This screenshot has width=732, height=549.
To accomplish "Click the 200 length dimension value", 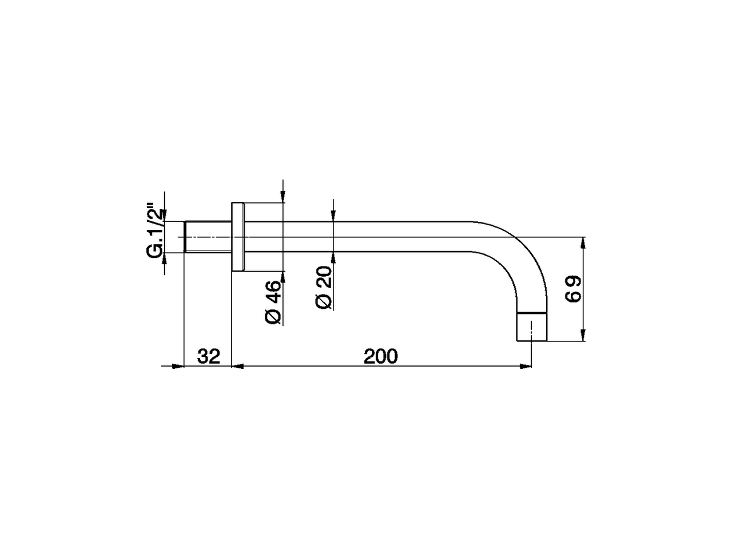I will [380, 356].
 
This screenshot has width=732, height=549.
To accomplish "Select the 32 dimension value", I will [209, 356].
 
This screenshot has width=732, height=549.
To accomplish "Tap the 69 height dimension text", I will [574, 289].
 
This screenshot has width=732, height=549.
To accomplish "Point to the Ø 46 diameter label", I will [274, 302].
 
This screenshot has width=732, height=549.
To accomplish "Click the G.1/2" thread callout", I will [155, 229].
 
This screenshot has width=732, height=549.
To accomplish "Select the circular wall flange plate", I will [238, 237].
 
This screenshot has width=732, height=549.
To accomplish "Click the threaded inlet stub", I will [208, 237].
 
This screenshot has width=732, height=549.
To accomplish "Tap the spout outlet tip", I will [532, 327].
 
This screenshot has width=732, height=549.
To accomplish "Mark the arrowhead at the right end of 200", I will [526, 367].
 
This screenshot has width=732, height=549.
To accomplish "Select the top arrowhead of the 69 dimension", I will [583, 243].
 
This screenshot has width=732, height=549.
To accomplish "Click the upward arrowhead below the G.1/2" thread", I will [164, 258].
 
